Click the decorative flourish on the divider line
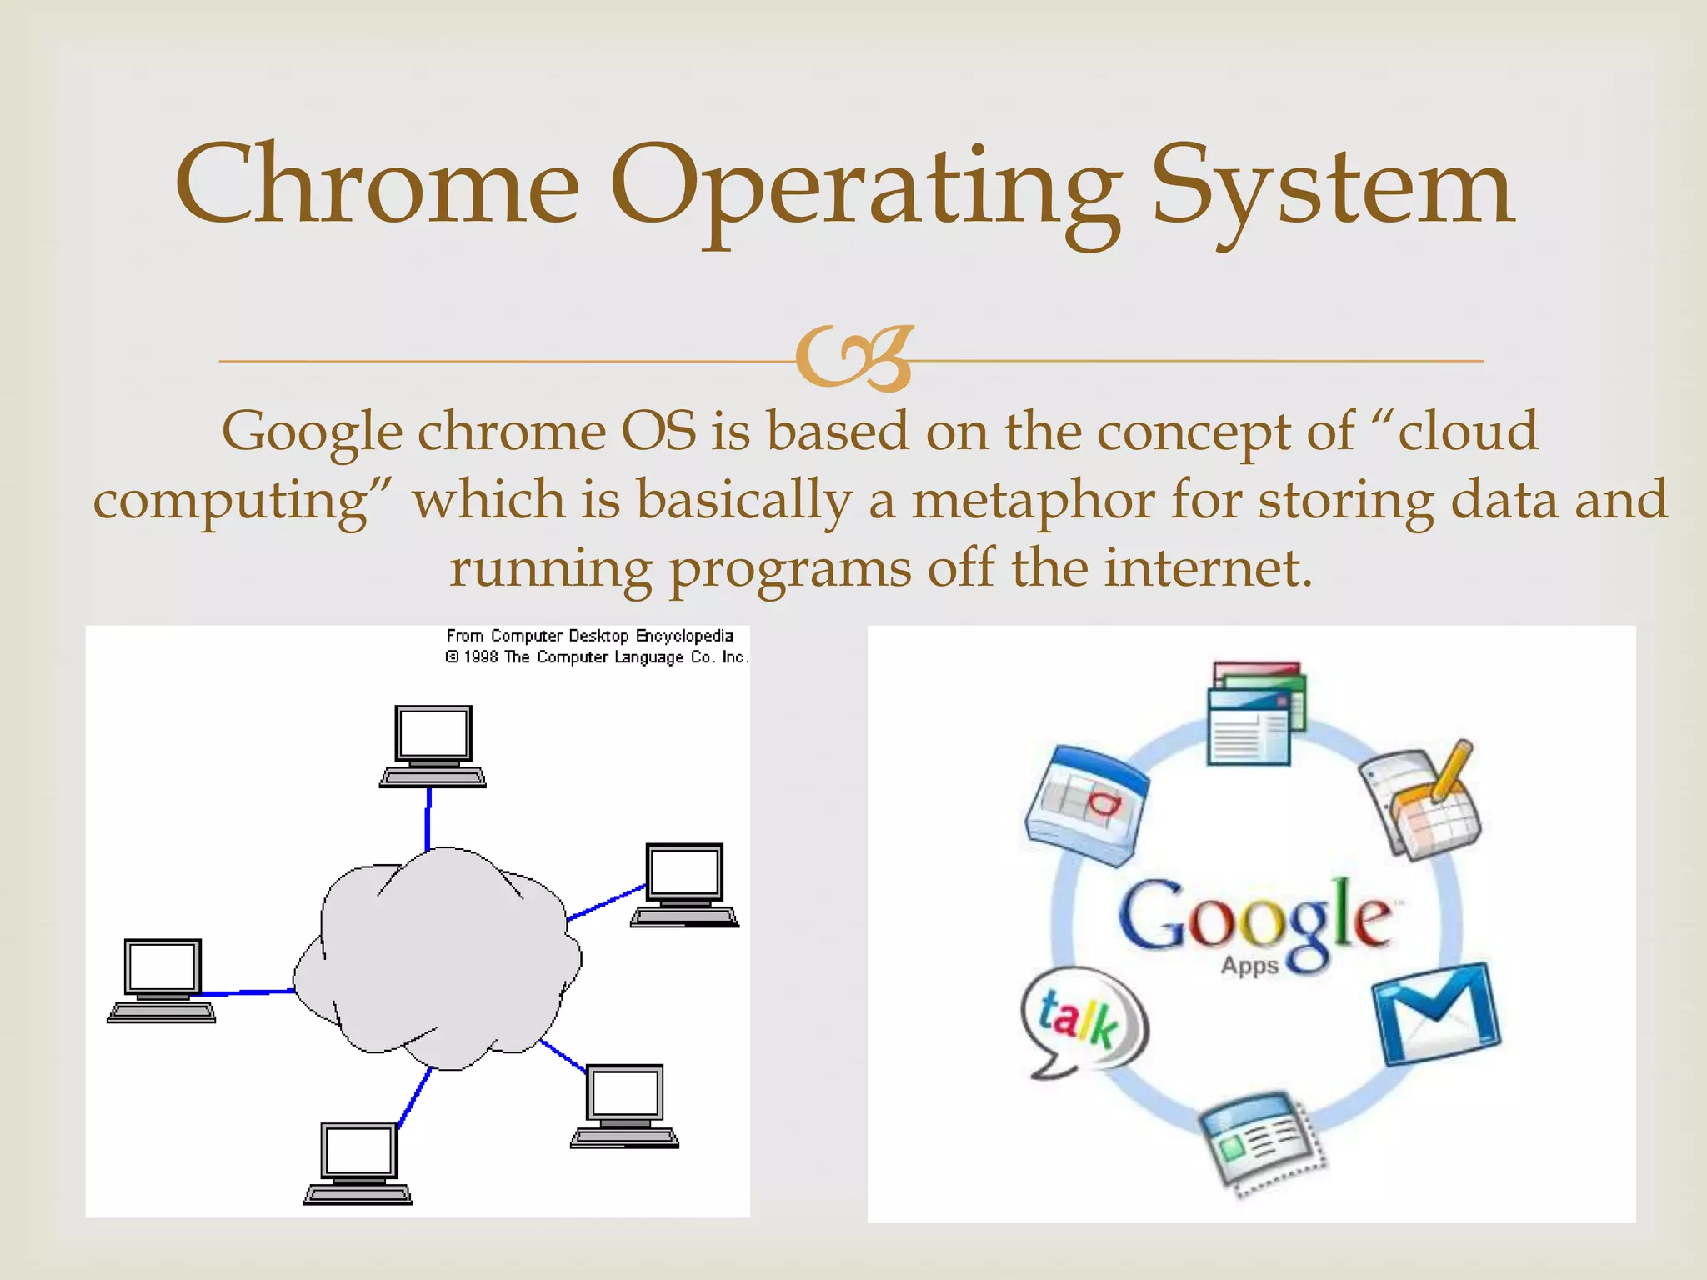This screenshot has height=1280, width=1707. click(x=855, y=359)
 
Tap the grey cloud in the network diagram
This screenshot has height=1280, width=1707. click(x=437, y=958)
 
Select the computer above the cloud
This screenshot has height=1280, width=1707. click(x=433, y=746)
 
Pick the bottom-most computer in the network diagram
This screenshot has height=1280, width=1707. click(x=358, y=1163)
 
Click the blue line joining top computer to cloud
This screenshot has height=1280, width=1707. click(x=428, y=819)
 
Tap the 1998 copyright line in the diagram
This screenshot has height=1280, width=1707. click(x=597, y=657)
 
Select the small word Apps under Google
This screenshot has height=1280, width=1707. click(x=1249, y=966)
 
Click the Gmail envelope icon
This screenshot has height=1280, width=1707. click(x=1436, y=1013)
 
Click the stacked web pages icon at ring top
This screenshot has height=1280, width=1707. click(x=1254, y=713)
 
